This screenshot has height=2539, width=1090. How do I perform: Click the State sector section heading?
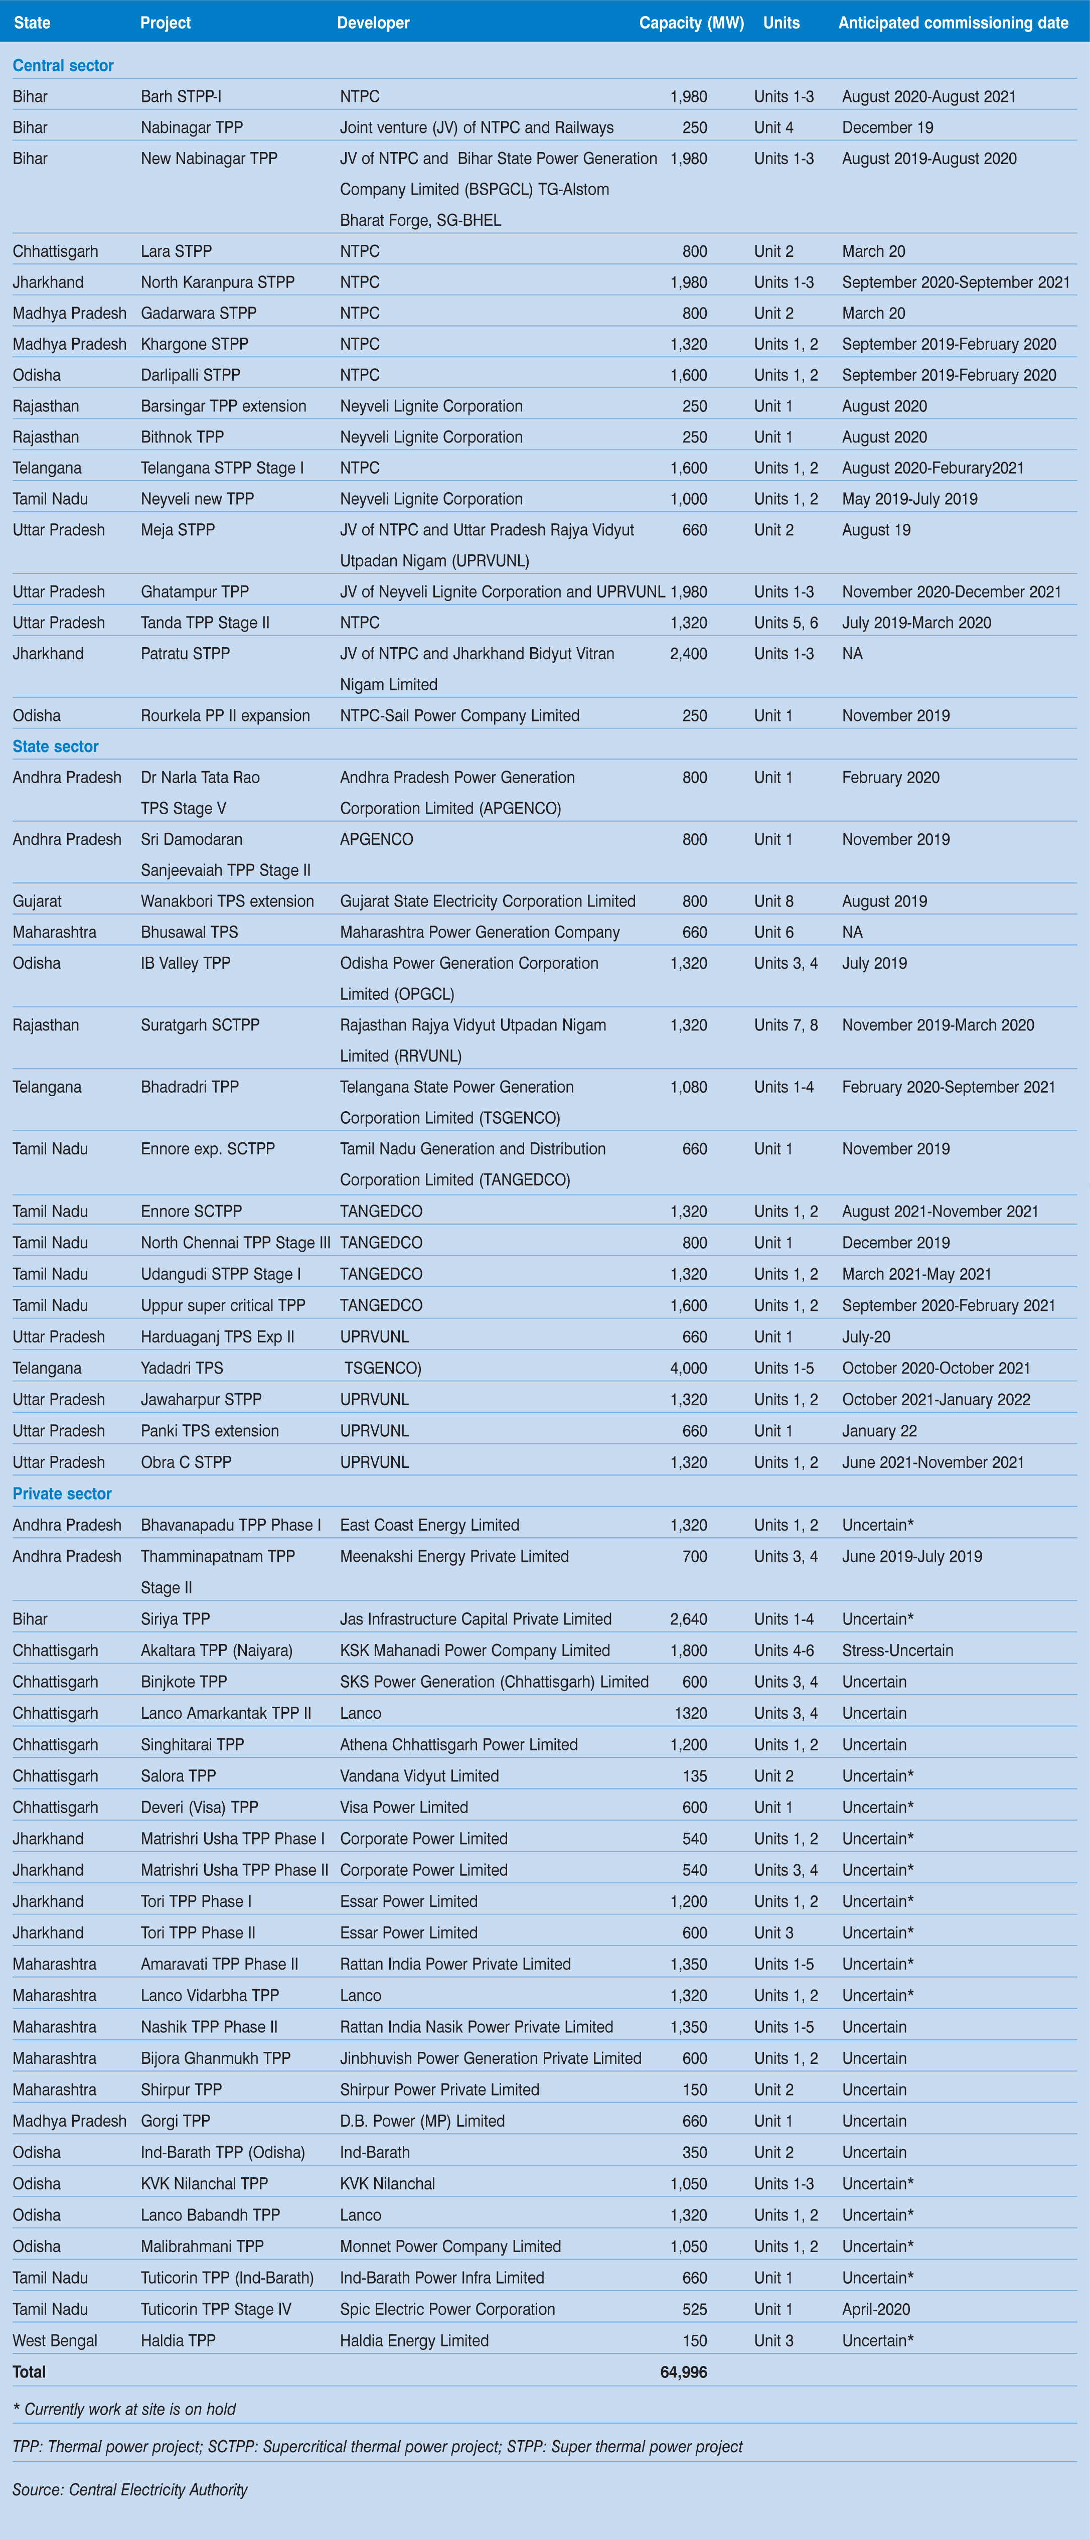(x=55, y=746)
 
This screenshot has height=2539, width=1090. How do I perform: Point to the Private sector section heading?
(x=62, y=1493)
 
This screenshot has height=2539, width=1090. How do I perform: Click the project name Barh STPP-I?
(x=181, y=97)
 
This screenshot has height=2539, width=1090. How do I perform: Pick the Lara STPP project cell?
(x=176, y=251)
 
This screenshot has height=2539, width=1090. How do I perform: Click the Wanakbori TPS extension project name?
(x=227, y=901)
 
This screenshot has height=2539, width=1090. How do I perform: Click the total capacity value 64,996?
(x=683, y=2371)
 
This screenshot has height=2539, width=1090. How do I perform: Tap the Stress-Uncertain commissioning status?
(x=897, y=1650)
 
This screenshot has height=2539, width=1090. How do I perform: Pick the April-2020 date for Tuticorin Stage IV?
(x=875, y=2308)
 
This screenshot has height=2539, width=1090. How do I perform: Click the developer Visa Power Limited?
(x=404, y=1807)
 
